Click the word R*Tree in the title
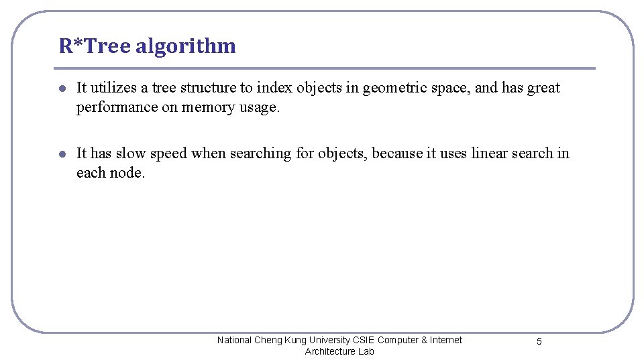click(x=95, y=46)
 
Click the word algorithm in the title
click(x=185, y=46)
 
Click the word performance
click(x=117, y=107)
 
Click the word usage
click(x=259, y=107)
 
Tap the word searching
click(x=260, y=153)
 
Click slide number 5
click(x=539, y=342)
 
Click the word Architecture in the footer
click(x=328, y=351)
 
